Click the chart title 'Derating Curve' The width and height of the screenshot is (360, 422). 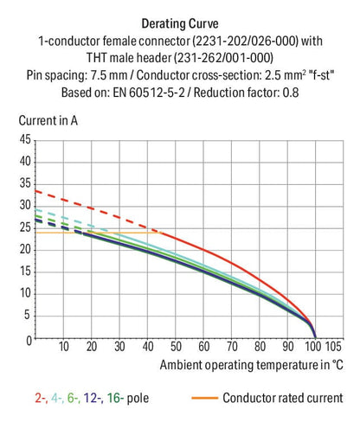(x=179, y=24)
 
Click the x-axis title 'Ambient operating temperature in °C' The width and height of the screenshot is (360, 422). (x=251, y=365)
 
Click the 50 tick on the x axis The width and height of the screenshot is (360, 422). (x=174, y=348)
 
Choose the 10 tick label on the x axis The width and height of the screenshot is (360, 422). (x=62, y=348)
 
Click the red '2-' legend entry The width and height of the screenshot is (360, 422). (x=41, y=399)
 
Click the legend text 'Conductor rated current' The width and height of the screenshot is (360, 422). (x=282, y=399)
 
